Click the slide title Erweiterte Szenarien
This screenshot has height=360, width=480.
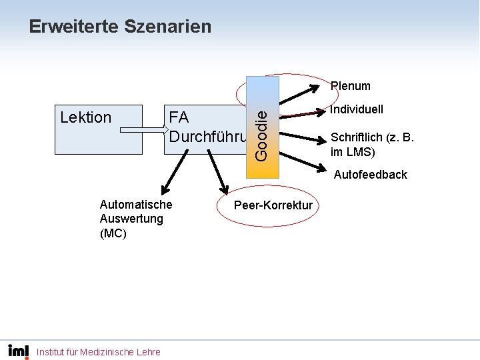click(x=120, y=27)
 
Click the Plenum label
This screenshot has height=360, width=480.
click(x=351, y=86)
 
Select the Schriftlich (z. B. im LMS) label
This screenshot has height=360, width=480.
click(x=372, y=145)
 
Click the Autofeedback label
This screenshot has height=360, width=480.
click(x=370, y=175)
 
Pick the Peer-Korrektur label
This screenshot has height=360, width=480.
click(x=273, y=205)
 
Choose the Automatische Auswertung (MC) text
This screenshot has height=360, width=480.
click(x=135, y=219)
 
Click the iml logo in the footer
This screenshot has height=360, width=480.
click(x=18, y=351)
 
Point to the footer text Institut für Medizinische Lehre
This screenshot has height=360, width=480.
click(x=99, y=352)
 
